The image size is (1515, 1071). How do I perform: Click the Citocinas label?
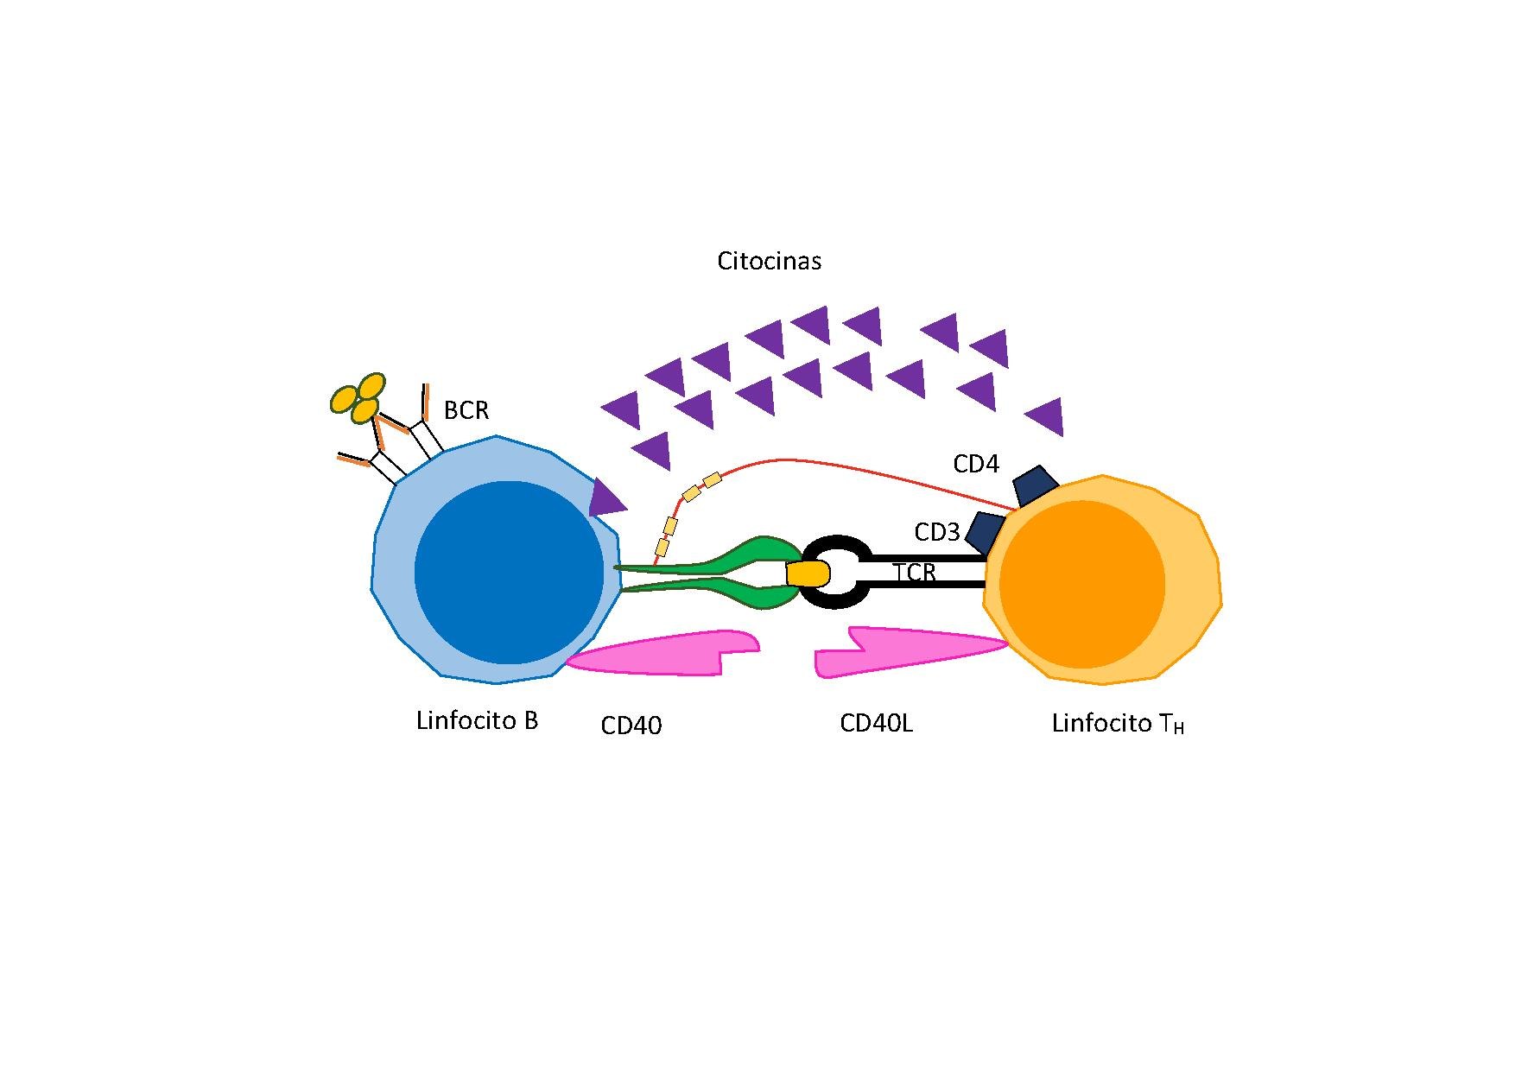(x=769, y=261)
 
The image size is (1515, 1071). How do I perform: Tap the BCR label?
(x=466, y=410)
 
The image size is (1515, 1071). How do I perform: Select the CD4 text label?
(x=976, y=465)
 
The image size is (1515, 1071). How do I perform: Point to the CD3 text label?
(x=937, y=533)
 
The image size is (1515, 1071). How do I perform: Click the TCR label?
(x=915, y=573)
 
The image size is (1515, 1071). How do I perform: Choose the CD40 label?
(x=631, y=726)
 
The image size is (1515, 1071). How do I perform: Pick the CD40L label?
(x=876, y=724)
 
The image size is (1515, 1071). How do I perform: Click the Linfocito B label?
(x=477, y=721)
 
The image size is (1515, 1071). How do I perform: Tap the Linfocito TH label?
(x=1118, y=724)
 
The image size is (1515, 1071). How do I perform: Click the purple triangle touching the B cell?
(x=606, y=499)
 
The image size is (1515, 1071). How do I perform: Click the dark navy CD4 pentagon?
(x=1036, y=485)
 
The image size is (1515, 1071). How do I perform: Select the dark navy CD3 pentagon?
(x=986, y=531)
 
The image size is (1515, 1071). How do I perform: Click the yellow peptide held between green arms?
(x=808, y=574)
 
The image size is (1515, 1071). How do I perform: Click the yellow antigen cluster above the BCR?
(x=358, y=398)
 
